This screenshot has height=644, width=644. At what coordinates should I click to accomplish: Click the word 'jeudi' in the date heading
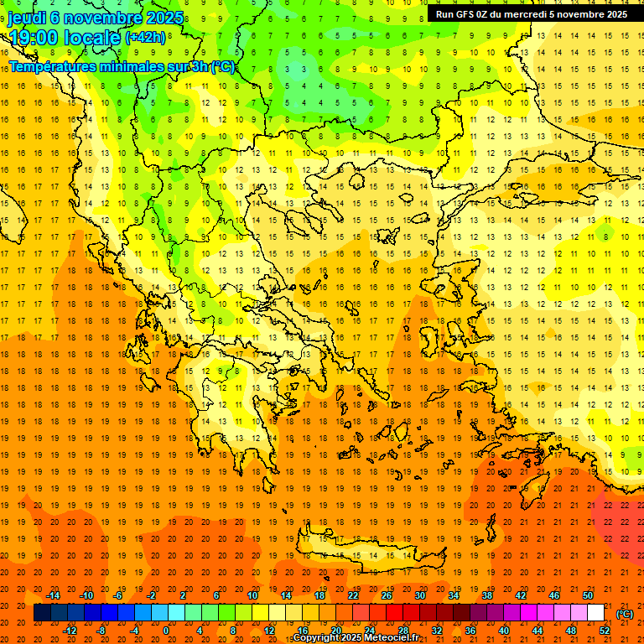27,17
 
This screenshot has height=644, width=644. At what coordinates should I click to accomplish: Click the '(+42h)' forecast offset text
145,37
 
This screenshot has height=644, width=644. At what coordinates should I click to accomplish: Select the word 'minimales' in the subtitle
122,66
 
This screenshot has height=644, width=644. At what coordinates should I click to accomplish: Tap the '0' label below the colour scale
165,631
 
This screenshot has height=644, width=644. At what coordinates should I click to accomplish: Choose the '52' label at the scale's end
604,631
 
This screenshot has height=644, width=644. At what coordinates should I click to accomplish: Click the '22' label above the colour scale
352,595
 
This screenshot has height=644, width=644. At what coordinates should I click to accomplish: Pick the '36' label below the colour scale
470,631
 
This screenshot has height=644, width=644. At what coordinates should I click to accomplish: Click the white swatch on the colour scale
595,613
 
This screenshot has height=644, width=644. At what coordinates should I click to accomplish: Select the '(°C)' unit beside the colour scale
625,614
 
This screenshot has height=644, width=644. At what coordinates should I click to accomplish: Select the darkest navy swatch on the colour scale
42,613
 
